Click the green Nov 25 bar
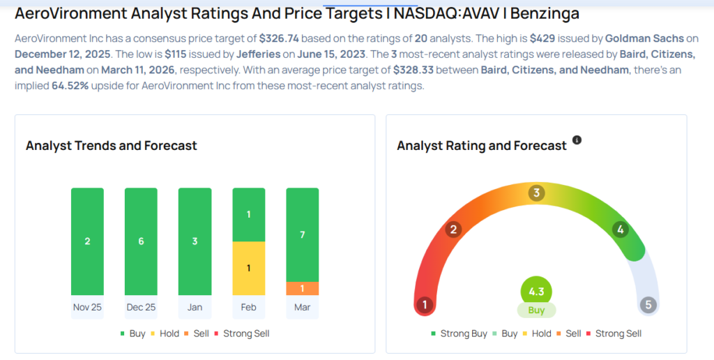pos(87,241)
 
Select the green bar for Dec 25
pos(141,241)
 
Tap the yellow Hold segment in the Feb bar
pos(248,268)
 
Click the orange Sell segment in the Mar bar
pos(302,288)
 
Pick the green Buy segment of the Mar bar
pos(302,234)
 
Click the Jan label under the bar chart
pos(195,307)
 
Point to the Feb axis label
pos(248,307)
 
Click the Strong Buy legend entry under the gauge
pos(459,333)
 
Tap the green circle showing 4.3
pos(536,291)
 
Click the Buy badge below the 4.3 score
pos(536,310)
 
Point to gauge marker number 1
pos(423,305)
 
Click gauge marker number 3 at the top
pos(536,193)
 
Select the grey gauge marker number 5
pos(649,305)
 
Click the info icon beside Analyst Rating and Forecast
pos(577,140)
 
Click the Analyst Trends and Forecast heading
pos(112,146)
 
